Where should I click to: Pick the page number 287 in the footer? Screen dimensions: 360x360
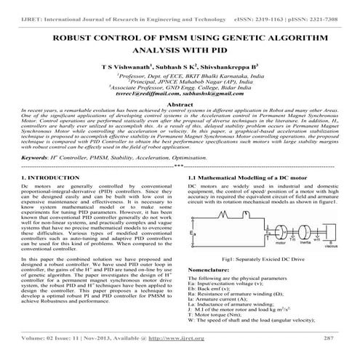(x=328, y=339)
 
